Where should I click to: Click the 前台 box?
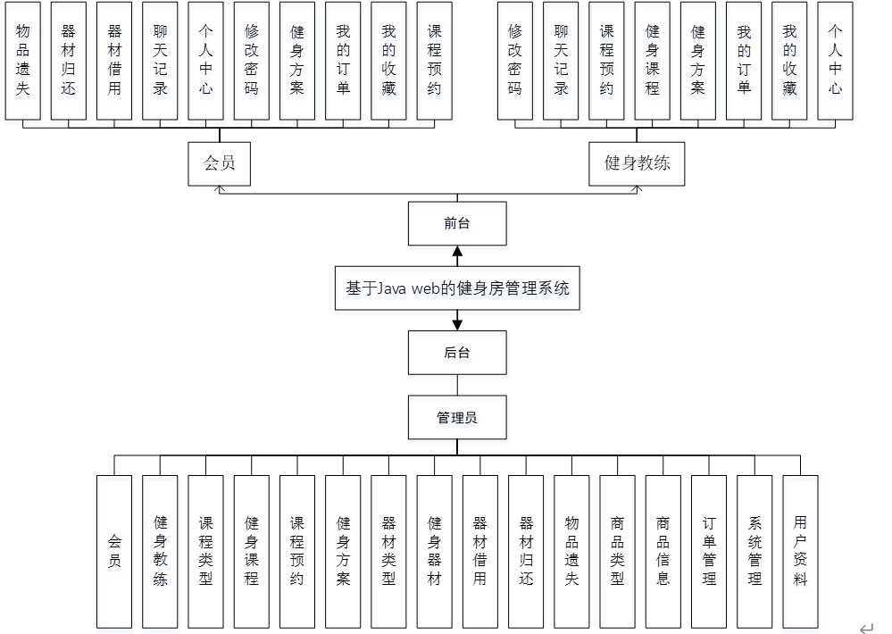click(x=457, y=223)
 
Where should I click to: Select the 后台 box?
click(x=457, y=353)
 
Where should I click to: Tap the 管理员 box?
click(x=457, y=417)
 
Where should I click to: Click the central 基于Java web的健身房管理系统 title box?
click(x=457, y=288)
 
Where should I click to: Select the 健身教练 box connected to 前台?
click(x=637, y=163)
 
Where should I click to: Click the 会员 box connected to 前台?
click(x=218, y=163)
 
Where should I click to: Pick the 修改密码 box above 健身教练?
click(x=515, y=60)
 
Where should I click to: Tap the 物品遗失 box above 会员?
click(x=23, y=60)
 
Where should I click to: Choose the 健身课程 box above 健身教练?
click(x=653, y=60)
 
